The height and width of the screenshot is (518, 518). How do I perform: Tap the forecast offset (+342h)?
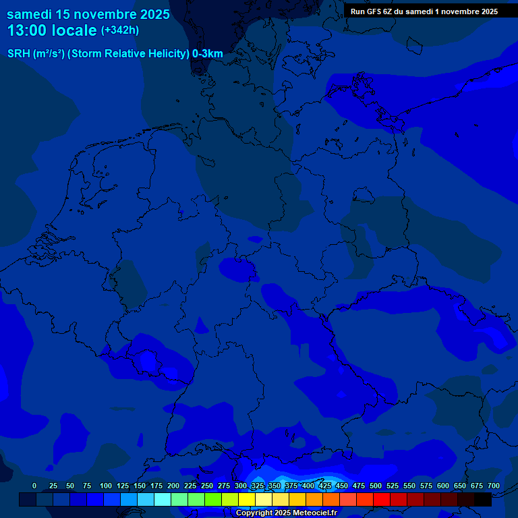pos(120,30)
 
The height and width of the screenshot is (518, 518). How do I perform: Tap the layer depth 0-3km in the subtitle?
pos(208,54)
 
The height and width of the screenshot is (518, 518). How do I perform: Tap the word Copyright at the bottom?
pos(254,513)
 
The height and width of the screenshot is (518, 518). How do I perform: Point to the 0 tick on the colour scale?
pos(34,486)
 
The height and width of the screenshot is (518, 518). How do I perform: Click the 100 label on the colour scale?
pos(106,486)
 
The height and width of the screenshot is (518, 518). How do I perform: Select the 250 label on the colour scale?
pos(207,486)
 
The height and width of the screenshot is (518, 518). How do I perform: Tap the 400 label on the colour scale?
pos(308,486)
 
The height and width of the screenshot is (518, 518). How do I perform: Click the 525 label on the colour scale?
pos(393,486)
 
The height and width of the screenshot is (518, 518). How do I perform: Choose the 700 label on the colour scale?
pos(493,486)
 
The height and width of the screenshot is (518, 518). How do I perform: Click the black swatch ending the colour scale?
pos(483,499)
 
